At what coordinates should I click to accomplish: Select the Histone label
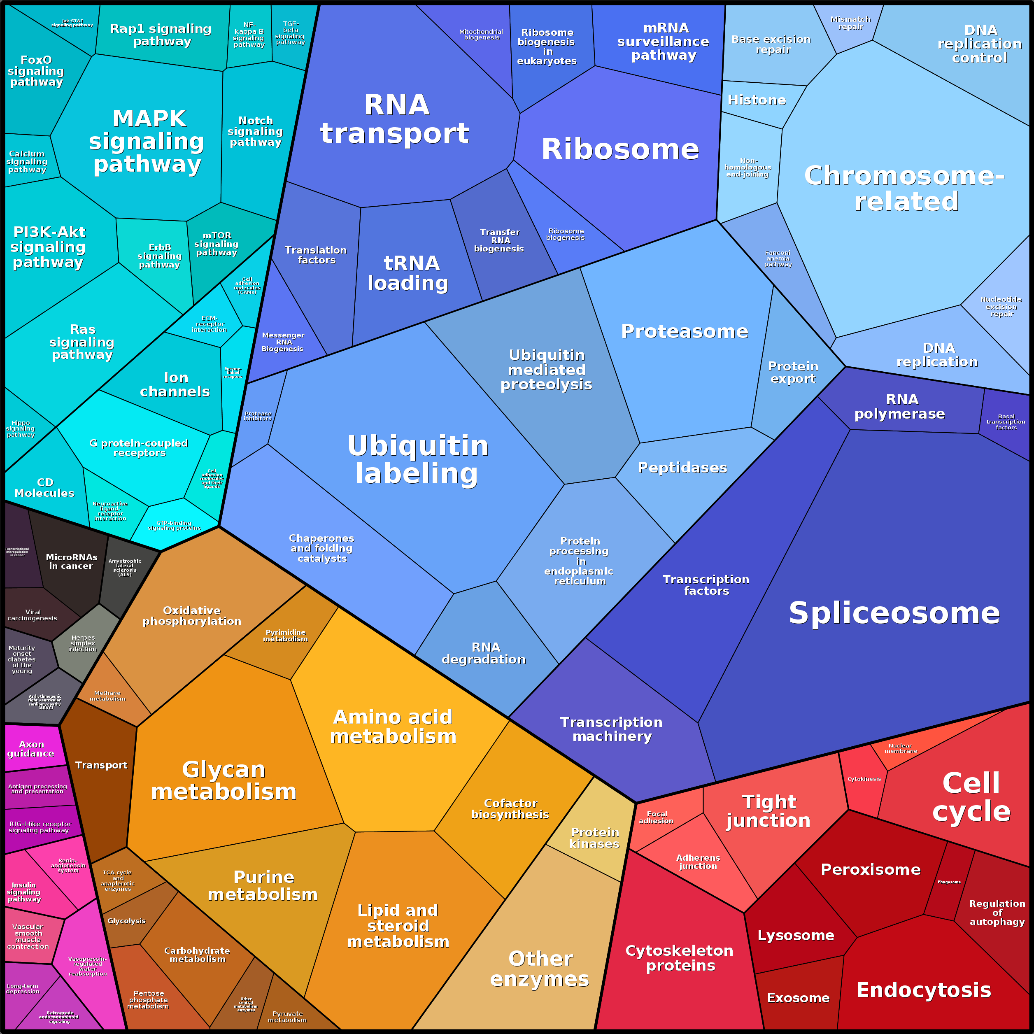pos(756,100)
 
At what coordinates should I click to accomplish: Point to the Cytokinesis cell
pos(864,779)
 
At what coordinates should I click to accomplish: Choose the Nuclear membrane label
pos(900,748)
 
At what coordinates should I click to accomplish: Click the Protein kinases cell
pos(594,838)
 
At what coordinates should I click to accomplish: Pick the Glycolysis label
pos(126,920)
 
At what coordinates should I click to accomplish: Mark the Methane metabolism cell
pos(107,696)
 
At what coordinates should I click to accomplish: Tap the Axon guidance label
pos(31,749)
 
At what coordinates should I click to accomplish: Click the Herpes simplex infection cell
pos(83,643)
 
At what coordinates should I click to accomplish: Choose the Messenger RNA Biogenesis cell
pos(283,342)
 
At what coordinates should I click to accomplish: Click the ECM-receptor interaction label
pos(209,324)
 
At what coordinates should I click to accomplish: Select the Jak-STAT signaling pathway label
pos(72,23)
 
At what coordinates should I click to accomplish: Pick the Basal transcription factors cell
pos(1006,422)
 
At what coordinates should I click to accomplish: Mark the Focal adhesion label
pos(657,817)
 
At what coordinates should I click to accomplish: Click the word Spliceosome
pos(894,613)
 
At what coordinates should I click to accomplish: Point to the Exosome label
pos(798,998)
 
